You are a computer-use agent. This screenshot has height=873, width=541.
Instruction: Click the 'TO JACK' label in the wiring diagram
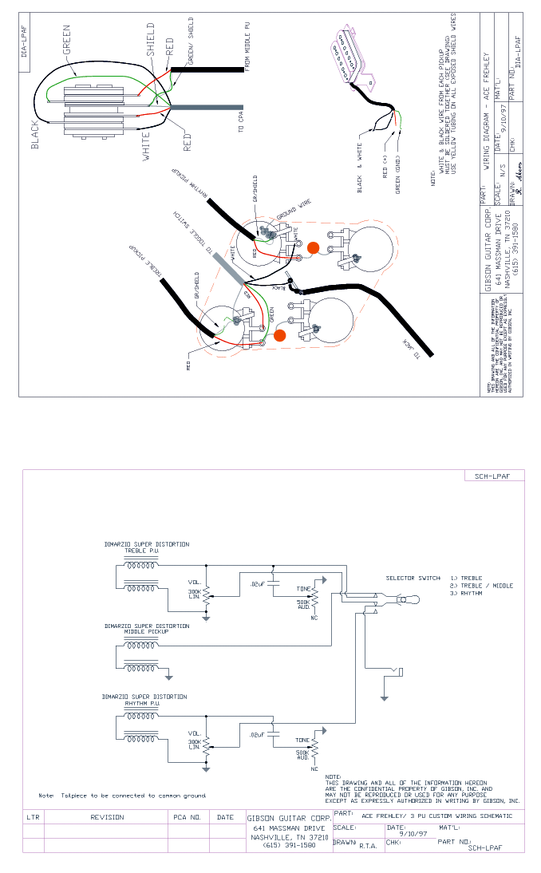pyautogui.click(x=409, y=350)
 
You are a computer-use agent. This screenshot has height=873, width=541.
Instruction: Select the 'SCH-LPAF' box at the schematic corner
pyautogui.click(x=494, y=476)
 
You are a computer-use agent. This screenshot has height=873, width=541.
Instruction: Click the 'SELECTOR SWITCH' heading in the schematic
pyautogui.click(x=413, y=578)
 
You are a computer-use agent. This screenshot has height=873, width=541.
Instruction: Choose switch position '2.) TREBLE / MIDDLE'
pyautogui.click(x=482, y=586)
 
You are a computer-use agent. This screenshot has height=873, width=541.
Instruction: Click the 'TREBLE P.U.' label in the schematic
pyautogui.click(x=143, y=551)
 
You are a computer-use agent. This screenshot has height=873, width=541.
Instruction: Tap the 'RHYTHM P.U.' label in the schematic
pyautogui.click(x=144, y=703)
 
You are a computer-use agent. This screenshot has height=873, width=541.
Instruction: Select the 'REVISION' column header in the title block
pyautogui.click(x=107, y=817)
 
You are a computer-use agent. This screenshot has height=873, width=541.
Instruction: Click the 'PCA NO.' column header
pyautogui.click(x=189, y=817)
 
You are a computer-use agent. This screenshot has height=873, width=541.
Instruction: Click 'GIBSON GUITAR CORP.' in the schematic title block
pyautogui.click(x=289, y=819)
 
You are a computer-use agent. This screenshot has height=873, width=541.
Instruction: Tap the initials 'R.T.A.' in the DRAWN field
pyautogui.click(x=368, y=844)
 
